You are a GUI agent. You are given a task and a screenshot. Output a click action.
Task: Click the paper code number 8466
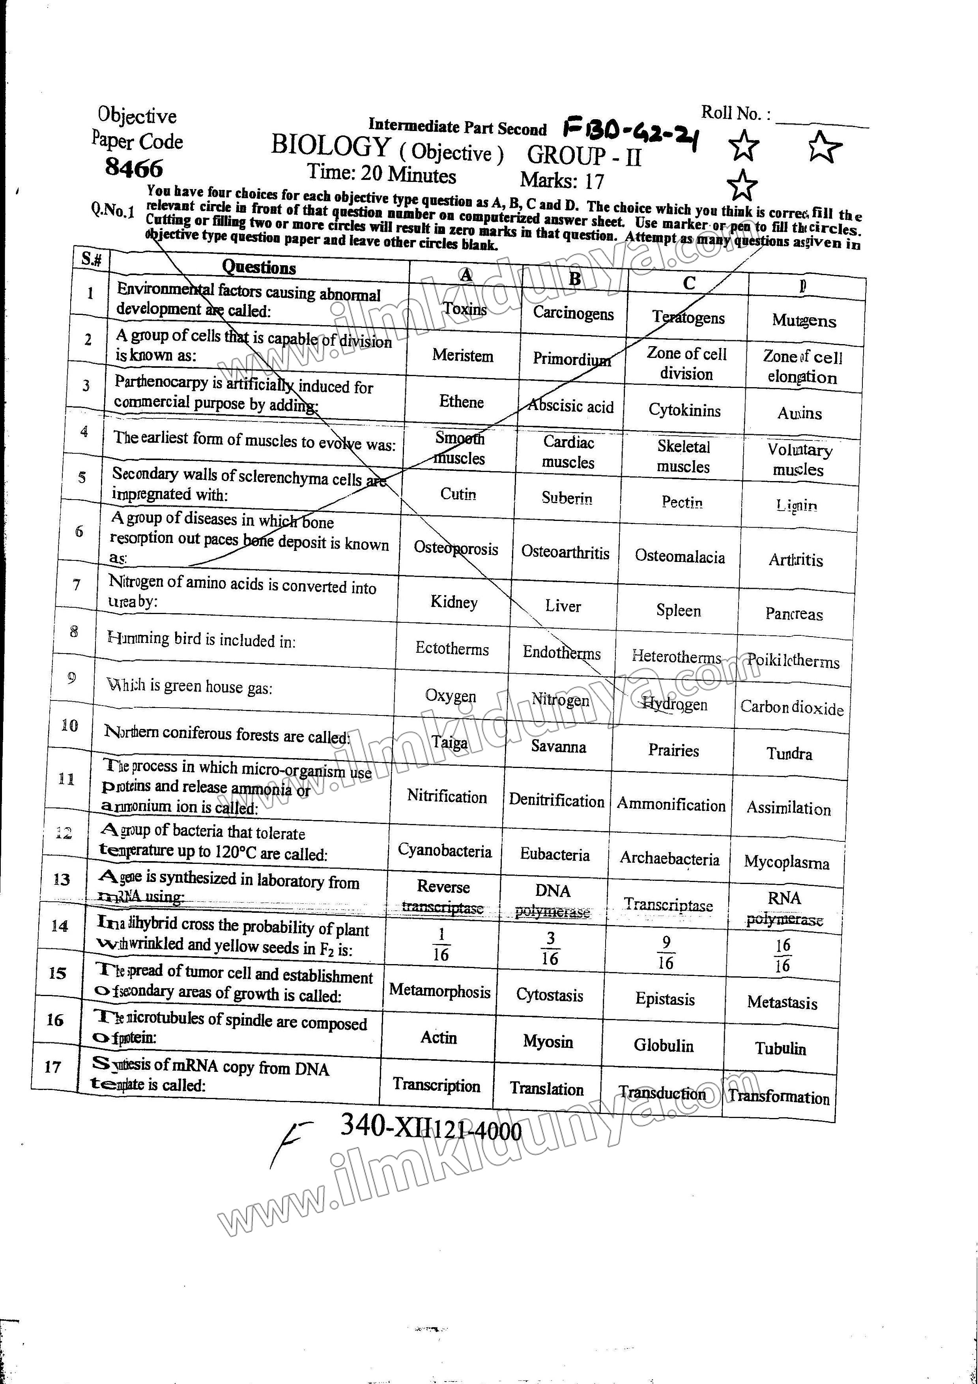click(x=134, y=168)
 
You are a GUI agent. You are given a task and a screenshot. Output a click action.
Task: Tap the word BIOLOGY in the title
click(x=330, y=146)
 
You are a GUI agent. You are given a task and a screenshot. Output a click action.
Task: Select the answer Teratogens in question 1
click(x=688, y=318)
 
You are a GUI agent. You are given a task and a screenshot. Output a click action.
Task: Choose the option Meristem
click(x=462, y=356)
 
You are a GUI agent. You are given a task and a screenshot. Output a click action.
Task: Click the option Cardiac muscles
click(x=568, y=452)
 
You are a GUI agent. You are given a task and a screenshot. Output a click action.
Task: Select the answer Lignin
click(x=796, y=505)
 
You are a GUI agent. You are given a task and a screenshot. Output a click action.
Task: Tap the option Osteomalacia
click(x=680, y=556)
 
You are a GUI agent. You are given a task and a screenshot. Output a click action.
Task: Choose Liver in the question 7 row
click(x=563, y=606)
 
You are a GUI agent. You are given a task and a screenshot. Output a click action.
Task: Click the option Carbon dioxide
click(x=791, y=707)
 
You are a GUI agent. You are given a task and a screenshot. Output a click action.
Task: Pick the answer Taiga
click(x=449, y=742)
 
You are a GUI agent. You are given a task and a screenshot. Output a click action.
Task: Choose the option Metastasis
click(x=782, y=1002)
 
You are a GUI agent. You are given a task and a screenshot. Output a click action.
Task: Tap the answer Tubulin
click(x=780, y=1048)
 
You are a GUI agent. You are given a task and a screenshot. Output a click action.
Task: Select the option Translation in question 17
click(x=546, y=1089)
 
